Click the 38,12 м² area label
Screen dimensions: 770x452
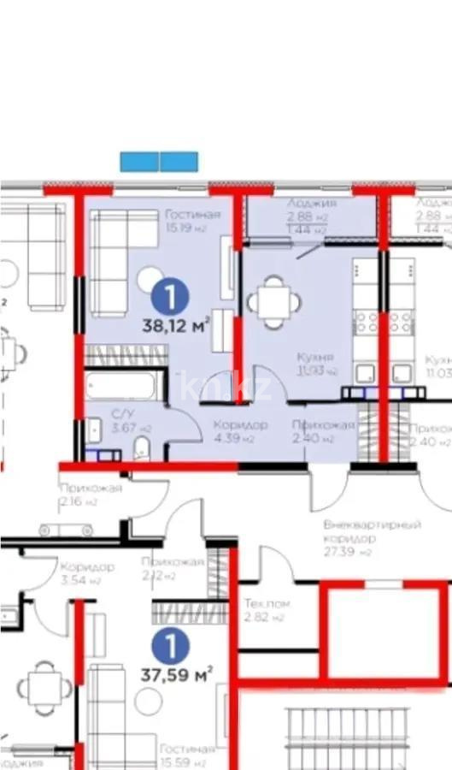point(175,325)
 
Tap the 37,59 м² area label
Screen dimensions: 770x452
point(176,675)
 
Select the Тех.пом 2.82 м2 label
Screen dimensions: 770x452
point(267,610)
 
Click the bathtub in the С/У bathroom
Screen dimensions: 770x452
point(120,385)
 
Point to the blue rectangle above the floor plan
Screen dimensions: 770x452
point(159,162)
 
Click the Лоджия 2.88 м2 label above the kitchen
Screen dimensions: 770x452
point(311,216)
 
